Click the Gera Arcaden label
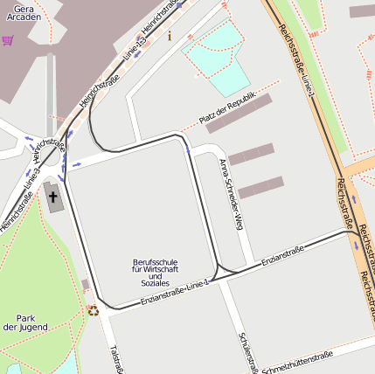[23, 11]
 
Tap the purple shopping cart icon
[8, 40]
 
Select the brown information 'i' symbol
[170, 36]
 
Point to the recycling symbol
[93, 309]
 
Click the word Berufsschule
[155, 261]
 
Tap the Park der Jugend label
[24, 322]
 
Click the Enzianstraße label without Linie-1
[282, 255]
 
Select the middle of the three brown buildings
[251, 155]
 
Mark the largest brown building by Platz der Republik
[239, 114]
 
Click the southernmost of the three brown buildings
[260, 187]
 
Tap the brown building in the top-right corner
[362, 11]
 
